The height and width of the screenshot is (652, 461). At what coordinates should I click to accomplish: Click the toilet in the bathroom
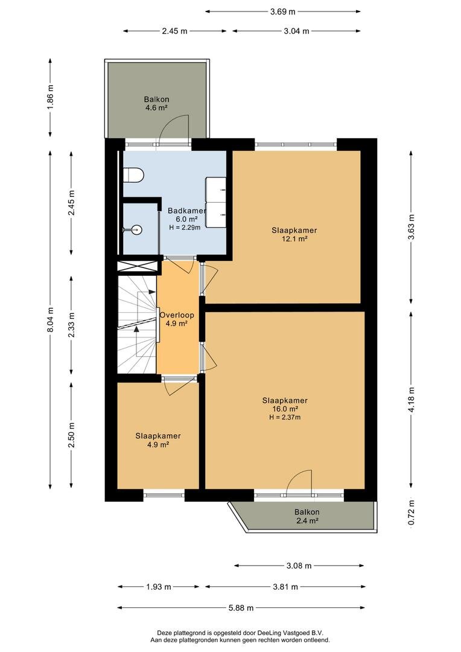[133, 175]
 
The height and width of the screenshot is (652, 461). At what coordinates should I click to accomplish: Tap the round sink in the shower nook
[136, 229]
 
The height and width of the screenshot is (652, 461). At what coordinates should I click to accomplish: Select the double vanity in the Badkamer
[216, 202]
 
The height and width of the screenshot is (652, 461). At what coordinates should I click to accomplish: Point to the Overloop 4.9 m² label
[177, 319]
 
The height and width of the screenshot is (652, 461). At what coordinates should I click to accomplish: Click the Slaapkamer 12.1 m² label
[294, 234]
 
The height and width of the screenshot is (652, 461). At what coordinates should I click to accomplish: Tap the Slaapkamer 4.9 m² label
[158, 440]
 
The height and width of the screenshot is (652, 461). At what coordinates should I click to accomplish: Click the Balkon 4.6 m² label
[156, 104]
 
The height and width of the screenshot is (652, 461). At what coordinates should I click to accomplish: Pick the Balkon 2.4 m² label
[307, 516]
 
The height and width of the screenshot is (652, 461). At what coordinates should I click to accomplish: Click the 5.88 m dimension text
[241, 608]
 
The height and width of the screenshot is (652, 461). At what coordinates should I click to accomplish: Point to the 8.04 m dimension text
[50, 319]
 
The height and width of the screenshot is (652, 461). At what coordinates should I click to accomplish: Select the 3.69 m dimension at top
[282, 11]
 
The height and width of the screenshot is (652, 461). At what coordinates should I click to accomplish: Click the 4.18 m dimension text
[412, 400]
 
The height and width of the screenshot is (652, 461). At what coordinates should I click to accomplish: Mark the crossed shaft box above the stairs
[138, 267]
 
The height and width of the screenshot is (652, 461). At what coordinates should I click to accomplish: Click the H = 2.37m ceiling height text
[285, 417]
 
